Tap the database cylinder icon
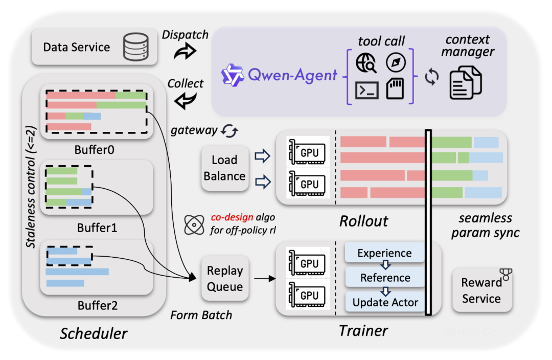pos(135,47)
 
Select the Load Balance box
pos(224,168)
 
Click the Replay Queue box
pos(224,279)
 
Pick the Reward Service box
pos(481,290)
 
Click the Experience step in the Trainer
pos(384,253)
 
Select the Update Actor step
pos(385,302)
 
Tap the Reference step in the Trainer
pos(385,278)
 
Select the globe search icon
pos(367,62)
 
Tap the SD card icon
pos(396,89)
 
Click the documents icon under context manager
pos(465,84)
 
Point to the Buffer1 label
pos(97,228)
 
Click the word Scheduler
pos(94,334)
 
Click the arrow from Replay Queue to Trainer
pos(264,279)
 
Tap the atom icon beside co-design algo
pos(195,223)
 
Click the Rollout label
pos(363,221)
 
